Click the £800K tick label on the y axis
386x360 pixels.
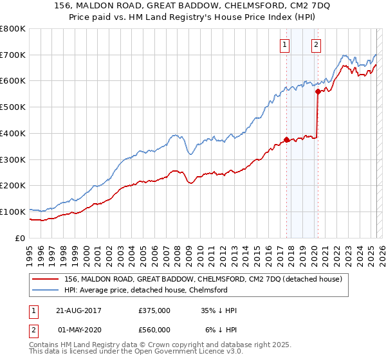13,29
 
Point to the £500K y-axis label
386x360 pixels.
13,107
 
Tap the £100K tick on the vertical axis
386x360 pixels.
13,212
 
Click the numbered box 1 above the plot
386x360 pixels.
284,45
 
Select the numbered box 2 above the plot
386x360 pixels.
317,45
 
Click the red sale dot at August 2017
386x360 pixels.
286,139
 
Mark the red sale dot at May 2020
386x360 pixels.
317,92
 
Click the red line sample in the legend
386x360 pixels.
46,280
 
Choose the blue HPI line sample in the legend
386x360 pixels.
46,290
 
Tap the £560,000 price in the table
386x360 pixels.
154,330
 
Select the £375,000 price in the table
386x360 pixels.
154,310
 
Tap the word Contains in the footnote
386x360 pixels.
44,346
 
